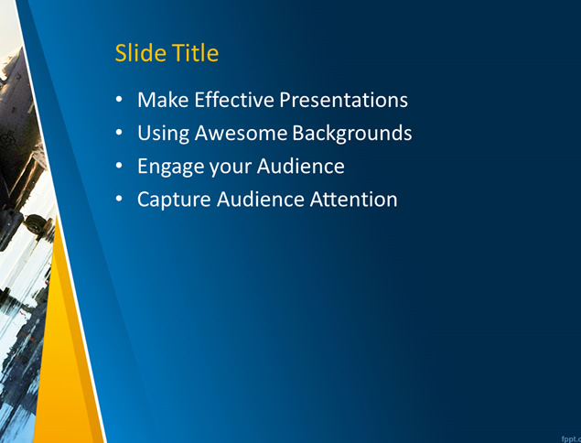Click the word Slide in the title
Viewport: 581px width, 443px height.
tap(140, 53)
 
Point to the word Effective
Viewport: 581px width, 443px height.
tap(234, 100)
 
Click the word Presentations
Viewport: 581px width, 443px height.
tap(343, 100)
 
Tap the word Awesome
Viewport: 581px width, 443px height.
tap(241, 133)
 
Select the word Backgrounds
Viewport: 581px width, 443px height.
tap(352, 133)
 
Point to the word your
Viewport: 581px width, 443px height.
tap(231, 167)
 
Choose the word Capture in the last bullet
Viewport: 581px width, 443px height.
tap(174, 200)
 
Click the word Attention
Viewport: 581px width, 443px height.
tap(353, 200)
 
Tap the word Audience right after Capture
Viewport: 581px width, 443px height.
tap(261, 200)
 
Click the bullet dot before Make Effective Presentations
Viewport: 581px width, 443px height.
tap(119, 100)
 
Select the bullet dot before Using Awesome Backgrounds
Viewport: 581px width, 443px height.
tap(119, 133)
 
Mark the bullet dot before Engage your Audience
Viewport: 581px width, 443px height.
tap(119, 166)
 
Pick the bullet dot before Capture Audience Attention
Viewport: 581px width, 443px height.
tap(119, 199)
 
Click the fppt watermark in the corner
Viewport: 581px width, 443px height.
tap(571, 439)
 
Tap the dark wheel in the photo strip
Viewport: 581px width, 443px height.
tap(37, 224)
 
